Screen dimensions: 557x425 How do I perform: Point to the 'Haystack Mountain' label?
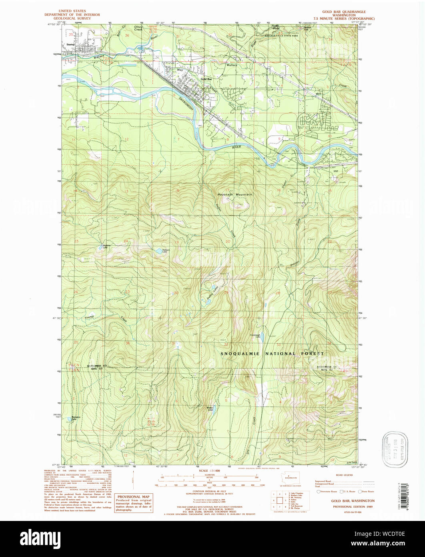coord(238,194)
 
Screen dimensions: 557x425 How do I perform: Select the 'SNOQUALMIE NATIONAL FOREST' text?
coord(273,354)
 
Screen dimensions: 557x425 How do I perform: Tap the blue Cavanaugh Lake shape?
coord(257,338)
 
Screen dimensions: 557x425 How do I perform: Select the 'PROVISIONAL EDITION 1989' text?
coord(352,507)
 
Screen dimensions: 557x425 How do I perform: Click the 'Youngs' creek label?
coord(89,317)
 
